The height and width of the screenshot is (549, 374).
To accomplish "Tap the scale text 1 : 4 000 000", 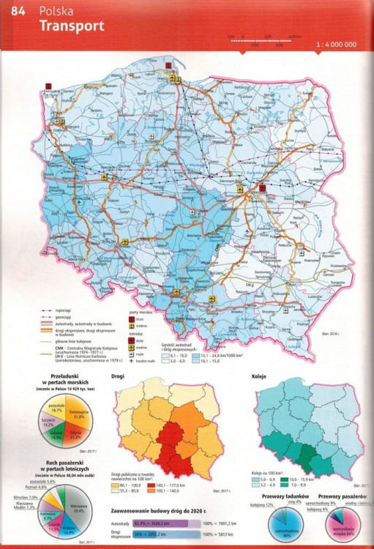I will pos(336,45).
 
